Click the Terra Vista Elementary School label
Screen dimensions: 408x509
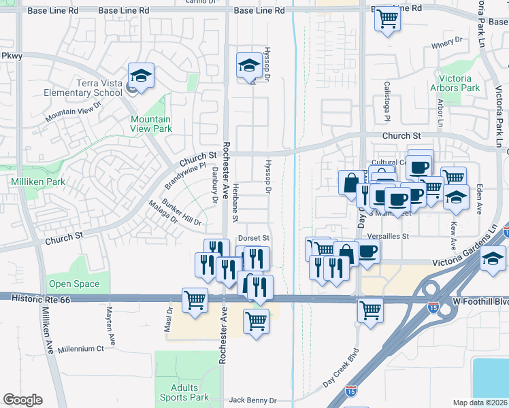[99, 88]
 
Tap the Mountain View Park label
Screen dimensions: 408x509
[151, 123]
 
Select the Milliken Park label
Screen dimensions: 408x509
[37, 182]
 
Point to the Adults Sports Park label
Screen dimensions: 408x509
[184, 392]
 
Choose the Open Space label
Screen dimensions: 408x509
[73, 284]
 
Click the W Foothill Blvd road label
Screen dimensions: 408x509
[482, 301]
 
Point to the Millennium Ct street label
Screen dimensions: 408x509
[80, 348]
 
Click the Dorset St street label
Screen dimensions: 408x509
[255, 239]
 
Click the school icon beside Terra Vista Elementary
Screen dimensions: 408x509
[141, 76]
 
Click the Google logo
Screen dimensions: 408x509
[22, 399]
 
